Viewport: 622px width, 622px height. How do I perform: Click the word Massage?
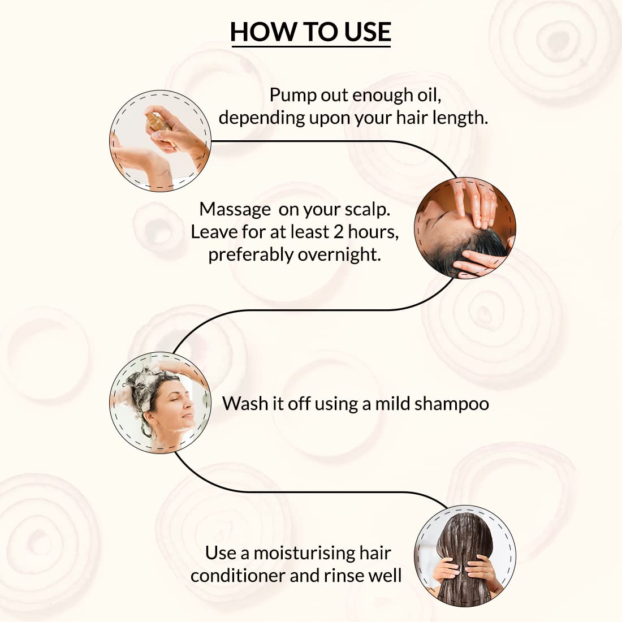coord(235,210)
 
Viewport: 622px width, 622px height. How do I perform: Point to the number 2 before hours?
coord(338,232)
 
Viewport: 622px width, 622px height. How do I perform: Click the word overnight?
coord(339,255)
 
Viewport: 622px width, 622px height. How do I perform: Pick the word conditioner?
coord(237,576)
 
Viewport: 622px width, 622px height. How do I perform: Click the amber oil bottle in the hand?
coord(158,122)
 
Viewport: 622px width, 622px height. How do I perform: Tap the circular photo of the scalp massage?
coord(465,228)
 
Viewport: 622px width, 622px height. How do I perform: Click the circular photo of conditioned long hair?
coord(465,556)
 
